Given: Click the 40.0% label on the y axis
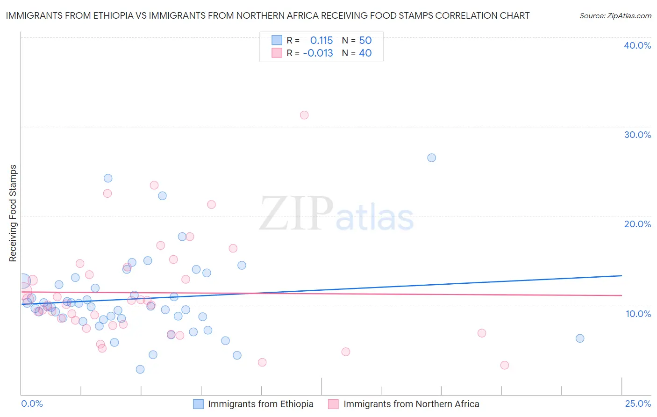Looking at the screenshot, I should coord(637,45).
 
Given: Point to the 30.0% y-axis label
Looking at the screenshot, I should coord(637,135).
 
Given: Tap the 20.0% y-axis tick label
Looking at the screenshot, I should coord(637,224).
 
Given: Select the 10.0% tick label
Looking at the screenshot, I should coord(638,314).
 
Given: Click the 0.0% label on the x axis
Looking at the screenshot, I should coord(32,403).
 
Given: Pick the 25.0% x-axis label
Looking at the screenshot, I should coord(638,403).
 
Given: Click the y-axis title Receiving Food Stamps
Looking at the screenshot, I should coord(13,213).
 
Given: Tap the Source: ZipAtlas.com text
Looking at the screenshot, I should coord(615,16).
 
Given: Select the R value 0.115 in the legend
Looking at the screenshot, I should coord(321,41).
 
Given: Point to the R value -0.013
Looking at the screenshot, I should coord(318,53).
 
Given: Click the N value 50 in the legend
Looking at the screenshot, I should coord(365,41).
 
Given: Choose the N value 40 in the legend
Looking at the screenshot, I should coord(365,53).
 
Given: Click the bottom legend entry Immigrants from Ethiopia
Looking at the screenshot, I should coord(260,404).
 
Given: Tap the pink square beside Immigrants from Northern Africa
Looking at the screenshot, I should coord(333,404).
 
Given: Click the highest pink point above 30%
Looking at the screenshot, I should coord(304,115).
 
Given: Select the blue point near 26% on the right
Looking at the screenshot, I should coord(431,158).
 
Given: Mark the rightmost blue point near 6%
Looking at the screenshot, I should coord(580,338).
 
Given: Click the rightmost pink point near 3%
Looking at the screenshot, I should coord(505,365).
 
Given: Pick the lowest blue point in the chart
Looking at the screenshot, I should coord(140,369).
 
